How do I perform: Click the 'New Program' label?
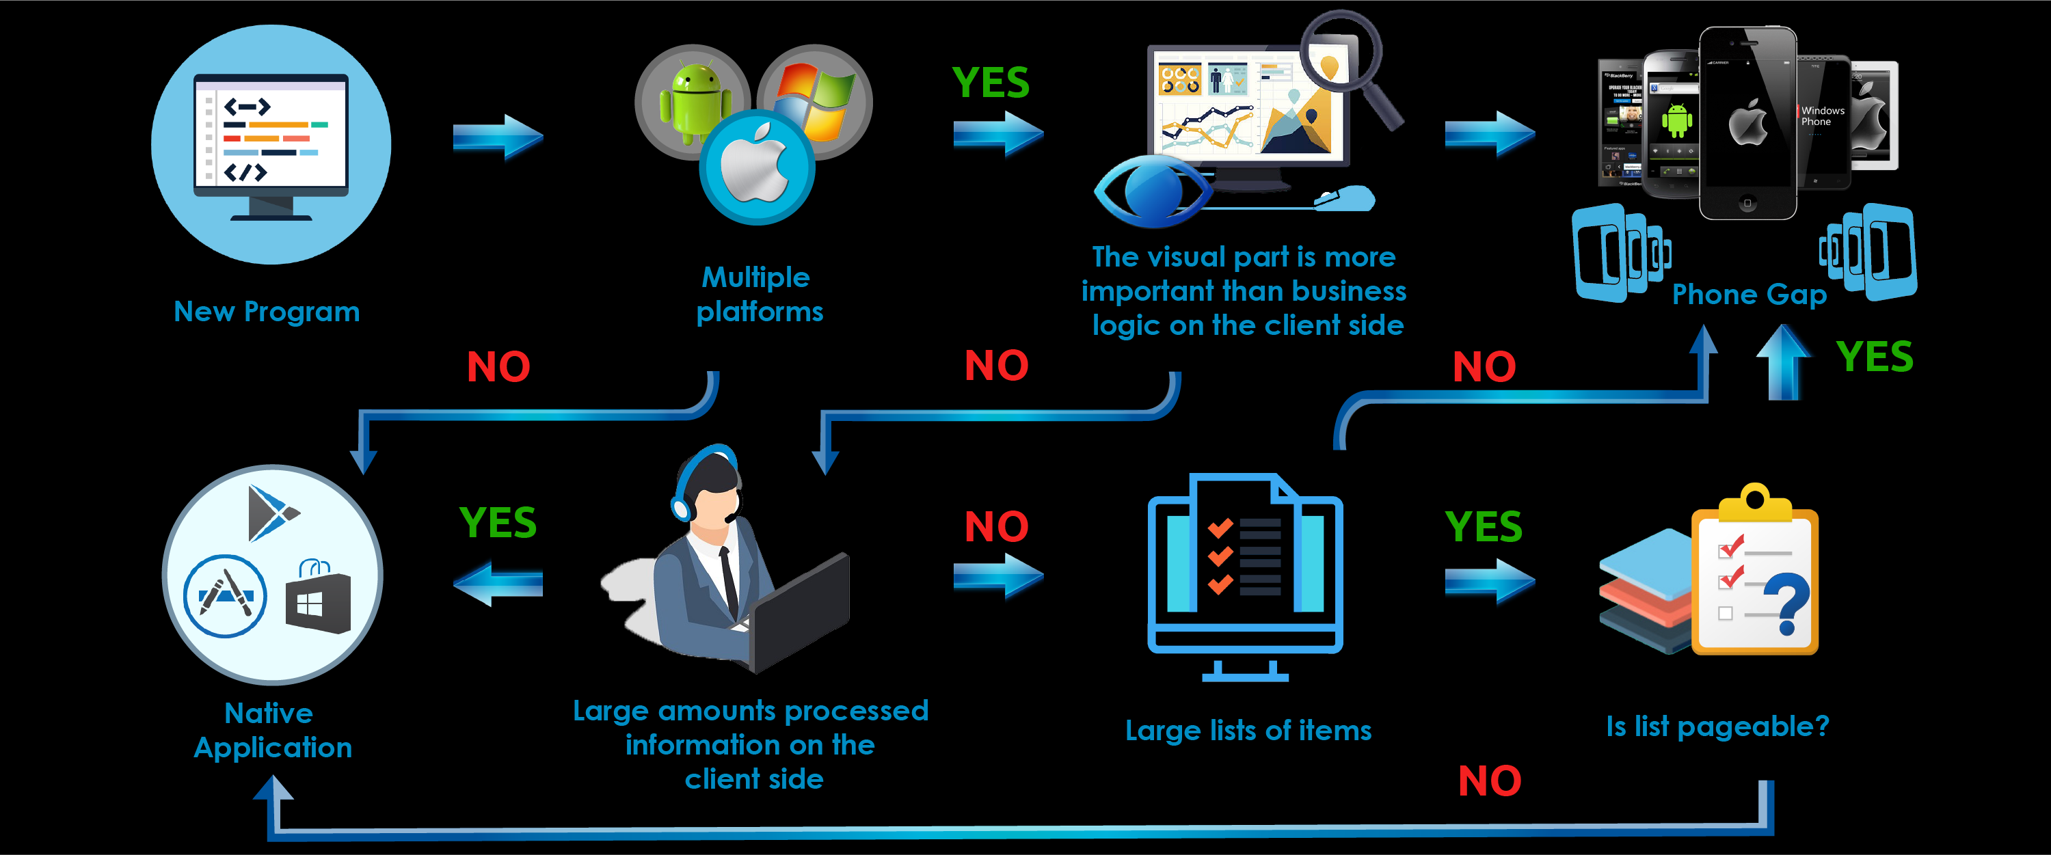click(x=267, y=311)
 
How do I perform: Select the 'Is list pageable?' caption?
click(x=1717, y=726)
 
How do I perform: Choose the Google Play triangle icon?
click(x=271, y=513)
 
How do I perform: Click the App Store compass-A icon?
click(x=224, y=595)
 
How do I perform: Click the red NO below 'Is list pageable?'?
click(x=1489, y=781)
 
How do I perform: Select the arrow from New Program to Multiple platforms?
click(x=498, y=137)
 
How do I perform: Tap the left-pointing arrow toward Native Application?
click(x=498, y=583)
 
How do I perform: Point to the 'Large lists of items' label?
click(x=1248, y=730)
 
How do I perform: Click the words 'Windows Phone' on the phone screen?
click(x=1823, y=116)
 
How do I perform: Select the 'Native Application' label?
click(x=272, y=730)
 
